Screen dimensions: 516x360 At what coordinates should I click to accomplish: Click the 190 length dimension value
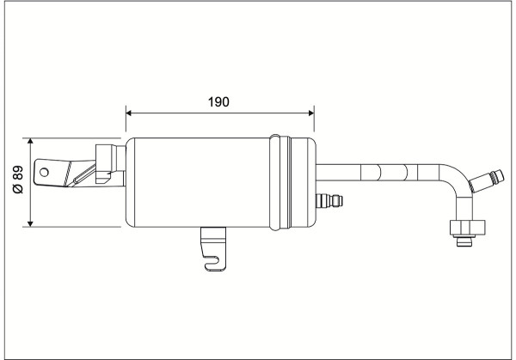click(x=218, y=102)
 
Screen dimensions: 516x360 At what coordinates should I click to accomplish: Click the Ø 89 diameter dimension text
click(x=18, y=180)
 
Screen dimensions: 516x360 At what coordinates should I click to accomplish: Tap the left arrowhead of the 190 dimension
click(x=129, y=113)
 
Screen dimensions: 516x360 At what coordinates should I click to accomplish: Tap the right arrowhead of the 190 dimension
click(x=311, y=113)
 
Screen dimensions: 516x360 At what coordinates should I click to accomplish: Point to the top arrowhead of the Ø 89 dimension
click(x=30, y=142)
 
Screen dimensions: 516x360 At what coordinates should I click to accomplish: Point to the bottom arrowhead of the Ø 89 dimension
click(x=30, y=223)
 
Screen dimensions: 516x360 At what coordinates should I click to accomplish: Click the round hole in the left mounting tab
click(x=44, y=172)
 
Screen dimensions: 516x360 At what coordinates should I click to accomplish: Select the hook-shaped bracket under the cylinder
click(x=213, y=248)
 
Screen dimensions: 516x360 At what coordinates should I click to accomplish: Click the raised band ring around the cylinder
click(x=280, y=182)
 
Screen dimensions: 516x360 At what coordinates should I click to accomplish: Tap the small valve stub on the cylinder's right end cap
click(x=329, y=200)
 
